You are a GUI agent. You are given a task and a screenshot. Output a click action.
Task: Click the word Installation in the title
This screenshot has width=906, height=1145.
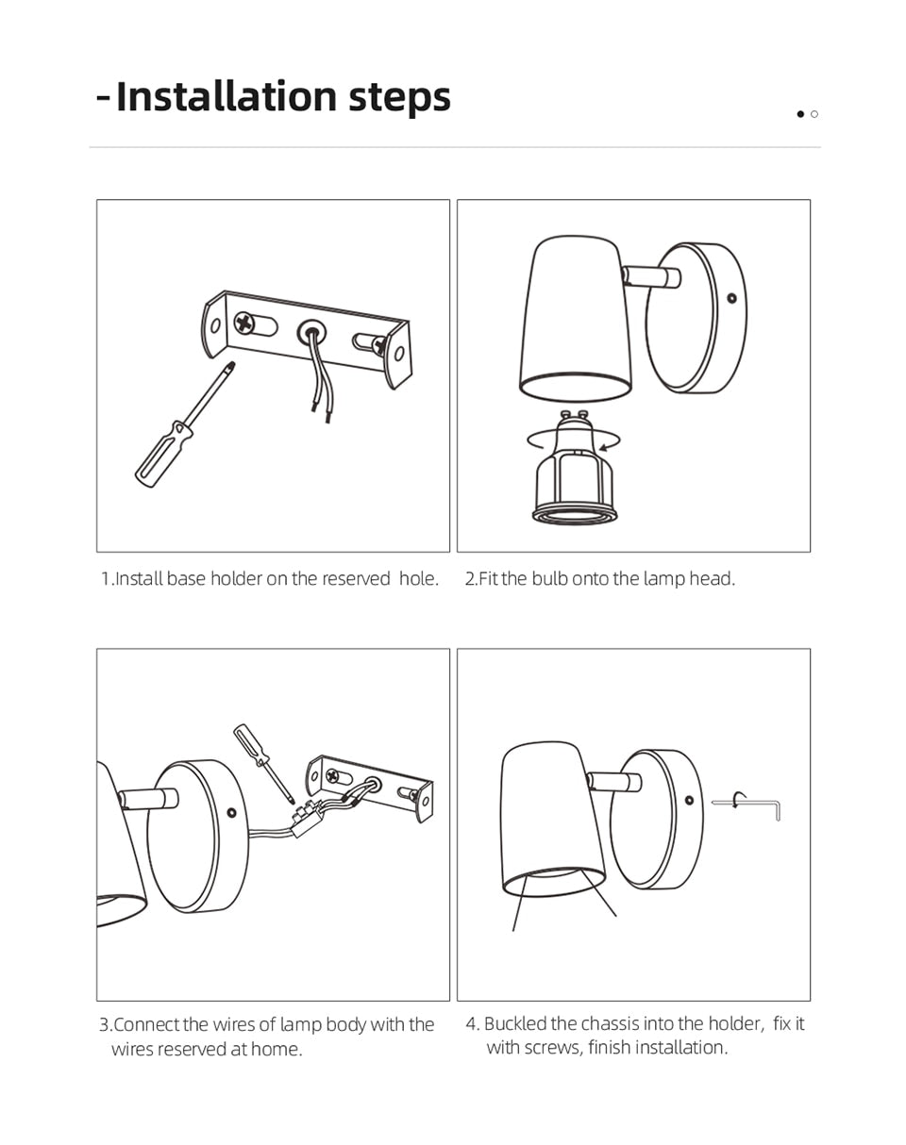(x=226, y=97)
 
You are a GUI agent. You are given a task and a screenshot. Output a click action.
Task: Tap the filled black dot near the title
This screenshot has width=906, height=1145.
(x=800, y=114)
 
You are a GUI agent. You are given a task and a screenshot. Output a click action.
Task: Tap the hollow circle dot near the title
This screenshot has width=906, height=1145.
(x=814, y=114)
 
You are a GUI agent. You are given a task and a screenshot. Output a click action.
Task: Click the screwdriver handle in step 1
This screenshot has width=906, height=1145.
(x=163, y=454)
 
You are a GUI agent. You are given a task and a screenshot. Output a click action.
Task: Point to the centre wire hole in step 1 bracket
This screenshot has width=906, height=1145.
(x=311, y=333)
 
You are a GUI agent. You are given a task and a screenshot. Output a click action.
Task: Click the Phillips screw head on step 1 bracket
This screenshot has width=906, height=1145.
(x=244, y=323)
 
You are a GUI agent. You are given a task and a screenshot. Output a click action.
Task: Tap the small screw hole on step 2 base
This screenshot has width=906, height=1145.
(x=732, y=298)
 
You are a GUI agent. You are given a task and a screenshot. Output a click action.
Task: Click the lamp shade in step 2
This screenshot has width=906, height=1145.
(x=576, y=318)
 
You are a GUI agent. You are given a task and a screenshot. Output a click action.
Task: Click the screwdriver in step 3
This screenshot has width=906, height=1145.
(x=264, y=765)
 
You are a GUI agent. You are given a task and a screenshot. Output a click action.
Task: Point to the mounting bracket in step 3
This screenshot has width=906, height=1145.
(x=369, y=788)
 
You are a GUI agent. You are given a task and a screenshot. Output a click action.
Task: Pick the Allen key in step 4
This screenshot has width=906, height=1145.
(x=747, y=805)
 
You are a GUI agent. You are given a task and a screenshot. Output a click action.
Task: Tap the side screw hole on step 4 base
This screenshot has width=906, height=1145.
(x=689, y=800)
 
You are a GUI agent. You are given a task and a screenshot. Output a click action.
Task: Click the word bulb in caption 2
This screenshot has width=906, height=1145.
(x=550, y=578)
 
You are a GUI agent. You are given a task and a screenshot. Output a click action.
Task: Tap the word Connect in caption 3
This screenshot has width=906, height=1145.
(x=146, y=1024)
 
